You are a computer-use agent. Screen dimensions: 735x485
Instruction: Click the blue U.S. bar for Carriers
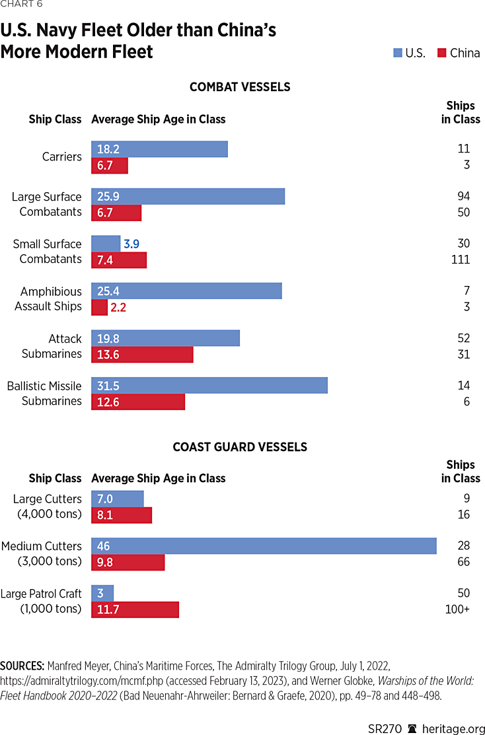click(159, 149)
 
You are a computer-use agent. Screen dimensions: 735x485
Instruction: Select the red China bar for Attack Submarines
click(142, 355)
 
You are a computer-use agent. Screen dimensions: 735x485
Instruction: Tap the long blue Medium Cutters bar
click(264, 546)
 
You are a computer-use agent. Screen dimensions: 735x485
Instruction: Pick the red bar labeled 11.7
click(135, 610)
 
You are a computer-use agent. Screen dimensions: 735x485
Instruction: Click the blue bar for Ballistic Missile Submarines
click(209, 386)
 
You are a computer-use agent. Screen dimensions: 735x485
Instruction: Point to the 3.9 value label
click(131, 244)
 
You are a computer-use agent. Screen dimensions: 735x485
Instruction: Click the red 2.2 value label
click(118, 308)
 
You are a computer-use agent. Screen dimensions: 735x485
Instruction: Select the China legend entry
click(459, 53)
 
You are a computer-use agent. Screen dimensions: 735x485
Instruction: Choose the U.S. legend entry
click(409, 53)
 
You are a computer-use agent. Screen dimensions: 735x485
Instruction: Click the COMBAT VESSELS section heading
click(240, 87)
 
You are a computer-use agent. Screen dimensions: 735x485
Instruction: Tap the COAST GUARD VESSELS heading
click(240, 447)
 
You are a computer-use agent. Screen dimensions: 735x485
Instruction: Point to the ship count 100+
click(457, 609)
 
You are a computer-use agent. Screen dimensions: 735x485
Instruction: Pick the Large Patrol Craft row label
click(41, 601)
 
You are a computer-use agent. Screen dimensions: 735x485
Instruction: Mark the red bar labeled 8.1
click(122, 515)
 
